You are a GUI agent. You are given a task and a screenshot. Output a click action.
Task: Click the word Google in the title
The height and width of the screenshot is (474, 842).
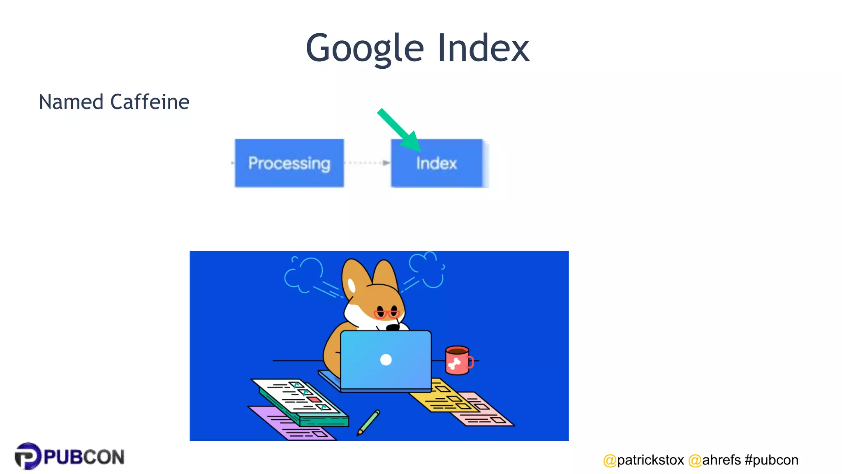pyautogui.click(x=365, y=48)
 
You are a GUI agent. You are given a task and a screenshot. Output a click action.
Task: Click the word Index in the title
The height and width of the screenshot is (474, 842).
pyautogui.click(x=483, y=48)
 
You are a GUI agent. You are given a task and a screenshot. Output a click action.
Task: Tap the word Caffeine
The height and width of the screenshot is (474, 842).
pyautogui.click(x=150, y=102)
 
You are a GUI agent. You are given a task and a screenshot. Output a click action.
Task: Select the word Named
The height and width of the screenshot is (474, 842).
pyautogui.click(x=71, y=102)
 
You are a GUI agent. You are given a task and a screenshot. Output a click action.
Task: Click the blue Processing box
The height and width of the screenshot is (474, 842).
pyautogui.click(x=289, y=163)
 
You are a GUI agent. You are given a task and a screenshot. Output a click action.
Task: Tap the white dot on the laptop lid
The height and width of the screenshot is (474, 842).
pyautogui.click(x=386, y=360)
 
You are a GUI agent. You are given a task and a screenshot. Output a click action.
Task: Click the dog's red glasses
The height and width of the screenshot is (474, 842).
pyautogui.click(x=386, y=314)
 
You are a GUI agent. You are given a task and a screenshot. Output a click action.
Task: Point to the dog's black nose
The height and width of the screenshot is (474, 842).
pyautogui.click(x=393, y=328)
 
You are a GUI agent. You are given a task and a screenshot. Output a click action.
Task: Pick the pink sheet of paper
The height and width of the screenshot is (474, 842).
pyautogui.click(x=485, y=409)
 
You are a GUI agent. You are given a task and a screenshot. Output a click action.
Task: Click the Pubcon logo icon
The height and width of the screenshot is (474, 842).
pyautogui.click(x=28, y=456)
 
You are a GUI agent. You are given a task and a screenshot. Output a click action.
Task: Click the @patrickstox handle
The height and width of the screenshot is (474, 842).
pyautogui.click(x=643, y=460)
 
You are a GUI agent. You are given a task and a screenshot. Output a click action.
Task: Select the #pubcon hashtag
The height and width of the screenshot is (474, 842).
pyautogui.click(x=771, y=460)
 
